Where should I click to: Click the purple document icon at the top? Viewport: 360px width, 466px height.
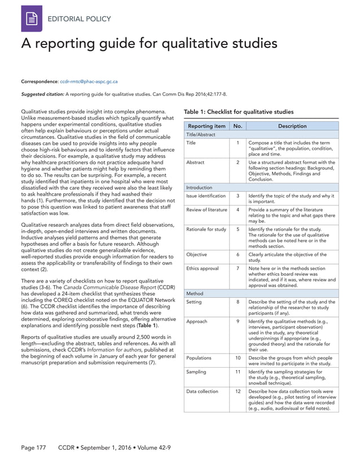pos(32,19)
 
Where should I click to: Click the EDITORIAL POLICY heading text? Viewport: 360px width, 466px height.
pos(79,19)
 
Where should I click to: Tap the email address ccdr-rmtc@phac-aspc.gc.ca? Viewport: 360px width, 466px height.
pos(93,82)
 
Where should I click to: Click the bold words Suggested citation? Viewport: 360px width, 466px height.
pos(42,94)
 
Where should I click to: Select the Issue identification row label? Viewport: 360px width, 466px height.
pos(206,196)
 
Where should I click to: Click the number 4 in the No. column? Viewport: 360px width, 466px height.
pos(238,210)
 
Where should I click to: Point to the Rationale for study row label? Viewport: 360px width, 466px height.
pos(206,230)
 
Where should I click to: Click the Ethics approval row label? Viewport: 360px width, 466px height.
pos(202,269)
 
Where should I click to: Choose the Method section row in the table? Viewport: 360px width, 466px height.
pos(195,293)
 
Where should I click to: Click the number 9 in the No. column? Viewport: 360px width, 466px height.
pos(238,322)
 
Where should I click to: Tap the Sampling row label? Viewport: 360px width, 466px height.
pos(196,372)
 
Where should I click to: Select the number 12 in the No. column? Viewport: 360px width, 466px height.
pos(238,391)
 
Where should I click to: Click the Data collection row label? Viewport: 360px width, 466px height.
pos(203,391)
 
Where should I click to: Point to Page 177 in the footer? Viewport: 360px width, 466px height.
pos(33,447)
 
